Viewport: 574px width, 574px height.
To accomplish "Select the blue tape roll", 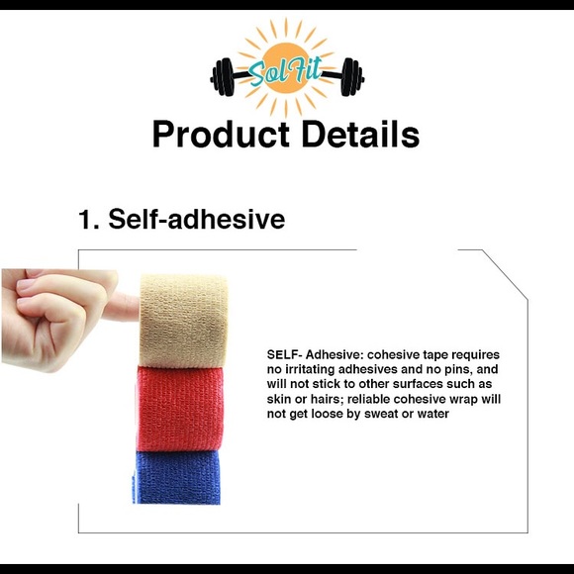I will point(178,477).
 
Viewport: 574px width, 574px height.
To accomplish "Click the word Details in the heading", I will point(357,134).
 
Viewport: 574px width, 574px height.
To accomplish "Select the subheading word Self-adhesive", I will point(197,219).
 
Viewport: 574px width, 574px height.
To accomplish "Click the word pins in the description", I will point(454,369).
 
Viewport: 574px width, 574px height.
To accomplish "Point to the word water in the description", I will point(432,414).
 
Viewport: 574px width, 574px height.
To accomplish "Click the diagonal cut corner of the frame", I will point(506,272).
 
